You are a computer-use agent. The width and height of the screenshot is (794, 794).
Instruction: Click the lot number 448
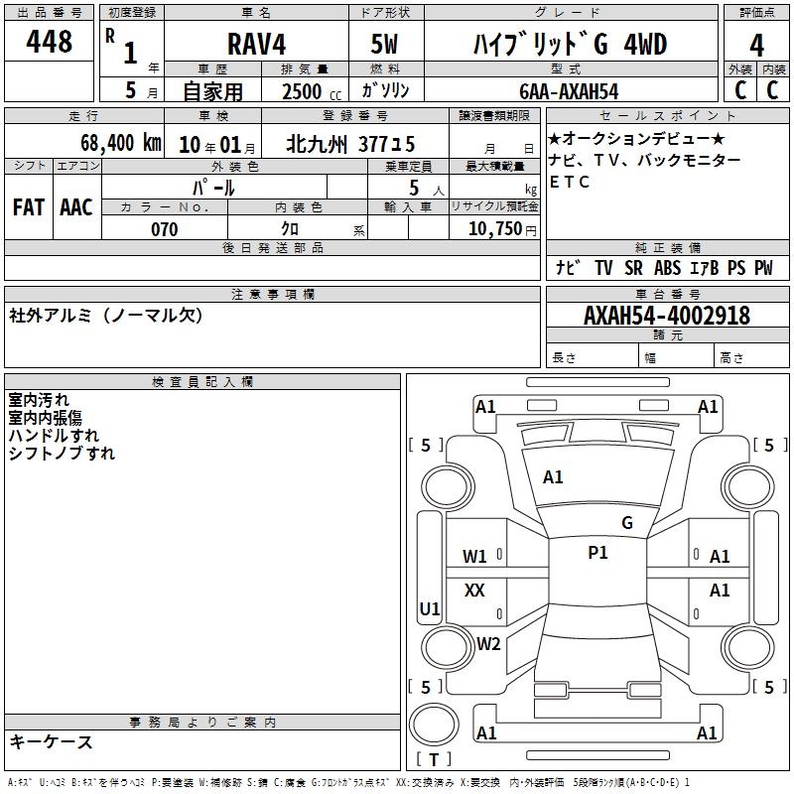point(49,41)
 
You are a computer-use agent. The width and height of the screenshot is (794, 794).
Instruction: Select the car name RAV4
point(257,44)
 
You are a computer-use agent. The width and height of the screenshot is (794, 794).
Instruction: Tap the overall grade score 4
point(756,46)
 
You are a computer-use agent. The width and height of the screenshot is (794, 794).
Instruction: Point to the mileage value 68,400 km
point(120,143)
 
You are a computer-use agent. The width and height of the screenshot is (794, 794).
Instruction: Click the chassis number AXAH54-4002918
point(667,316)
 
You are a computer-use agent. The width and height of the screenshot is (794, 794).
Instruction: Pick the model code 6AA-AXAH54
point(569,91)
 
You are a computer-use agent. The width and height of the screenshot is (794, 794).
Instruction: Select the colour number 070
point(165,229)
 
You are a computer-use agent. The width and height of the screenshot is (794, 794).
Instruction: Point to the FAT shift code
point(29,207)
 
